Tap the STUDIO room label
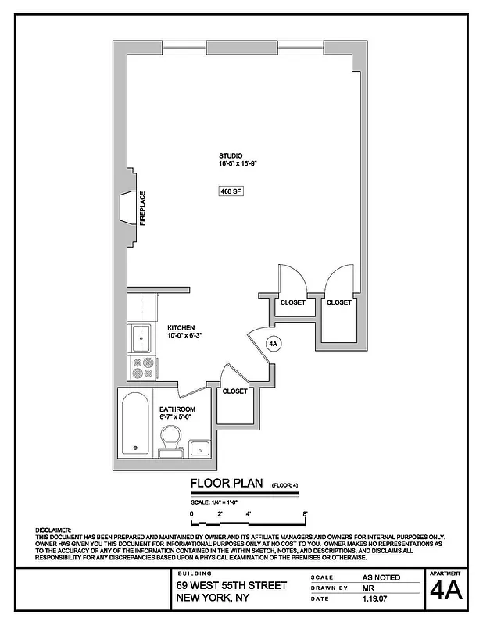(231, 156)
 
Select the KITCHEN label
(180, 328)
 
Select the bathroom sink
(199, 448)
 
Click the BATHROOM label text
(177, 409)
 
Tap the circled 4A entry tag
(274, 342)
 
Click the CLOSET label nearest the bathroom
(234, 391)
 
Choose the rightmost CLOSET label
(338, 302)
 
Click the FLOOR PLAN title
(227, 484)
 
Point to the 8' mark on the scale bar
(305, 513)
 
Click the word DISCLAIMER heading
(53, 530)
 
